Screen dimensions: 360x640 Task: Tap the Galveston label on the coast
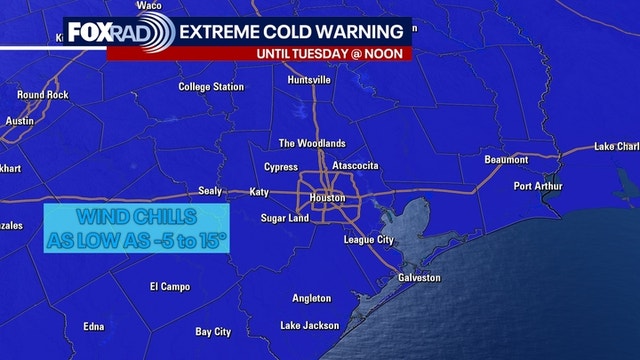coord(419,277)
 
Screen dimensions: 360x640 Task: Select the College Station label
coord(211,87)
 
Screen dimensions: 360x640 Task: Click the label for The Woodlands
coord(311,143)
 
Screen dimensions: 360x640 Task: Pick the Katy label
coord(260,191)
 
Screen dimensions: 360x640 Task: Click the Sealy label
coord(210,191)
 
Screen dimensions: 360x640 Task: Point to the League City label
coord(371,240)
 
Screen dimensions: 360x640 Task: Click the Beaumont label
coord(506,160)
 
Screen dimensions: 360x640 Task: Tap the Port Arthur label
coord(537,186)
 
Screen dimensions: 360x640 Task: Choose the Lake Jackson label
coord(310,325)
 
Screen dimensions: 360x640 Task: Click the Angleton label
coord(311,298)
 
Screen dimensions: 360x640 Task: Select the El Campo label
coord(170,286)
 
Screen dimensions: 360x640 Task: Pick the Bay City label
coord(213,331)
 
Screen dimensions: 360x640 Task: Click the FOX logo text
coord(88,32)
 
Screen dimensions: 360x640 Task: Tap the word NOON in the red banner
coord(390,52)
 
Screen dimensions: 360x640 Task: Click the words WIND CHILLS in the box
coord(135,217)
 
